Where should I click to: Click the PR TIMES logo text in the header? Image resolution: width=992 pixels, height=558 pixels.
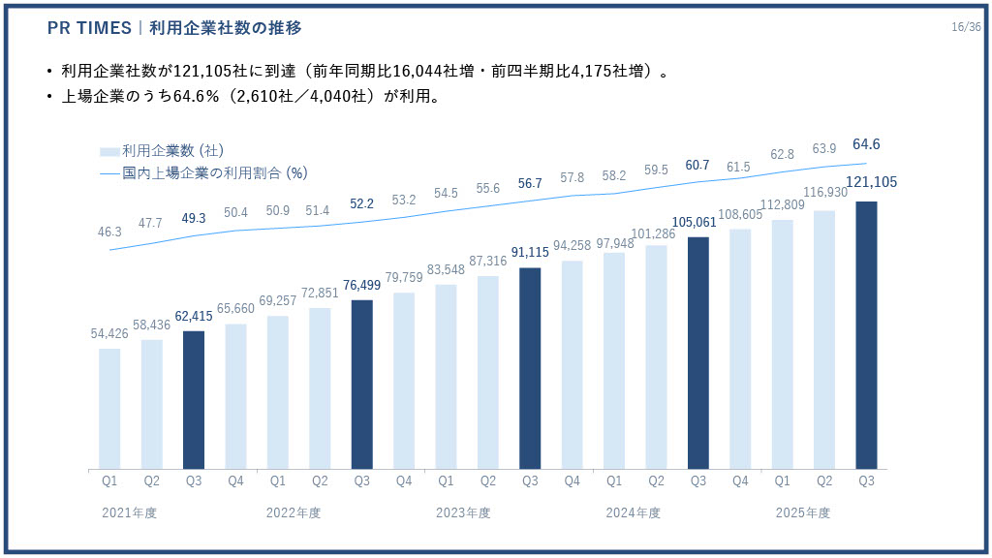tap(89, 28)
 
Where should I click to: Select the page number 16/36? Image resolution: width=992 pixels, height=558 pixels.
tap(966, 27)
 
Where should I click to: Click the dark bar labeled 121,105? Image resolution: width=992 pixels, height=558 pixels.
tap(866, 334)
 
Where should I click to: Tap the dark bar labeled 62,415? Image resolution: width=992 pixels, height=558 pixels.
tap(194, 399)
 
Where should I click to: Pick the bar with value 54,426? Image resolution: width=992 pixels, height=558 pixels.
tap(109, 408)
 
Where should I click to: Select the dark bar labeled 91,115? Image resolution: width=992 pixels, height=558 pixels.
tap(530, 367)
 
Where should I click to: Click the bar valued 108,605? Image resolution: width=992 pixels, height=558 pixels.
tap(740, 349)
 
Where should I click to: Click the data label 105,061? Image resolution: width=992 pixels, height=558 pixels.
tap(697, 222)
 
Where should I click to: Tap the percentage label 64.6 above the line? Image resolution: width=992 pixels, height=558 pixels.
tap(866, 144)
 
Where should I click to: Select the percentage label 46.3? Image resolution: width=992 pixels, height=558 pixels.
tap(109, 232)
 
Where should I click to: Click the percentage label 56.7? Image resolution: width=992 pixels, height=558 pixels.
tap(530, 184)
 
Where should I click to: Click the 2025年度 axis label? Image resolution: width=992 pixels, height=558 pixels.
tap(803, 512)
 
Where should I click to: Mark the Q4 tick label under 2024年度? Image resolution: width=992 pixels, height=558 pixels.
tap(740, 480)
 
